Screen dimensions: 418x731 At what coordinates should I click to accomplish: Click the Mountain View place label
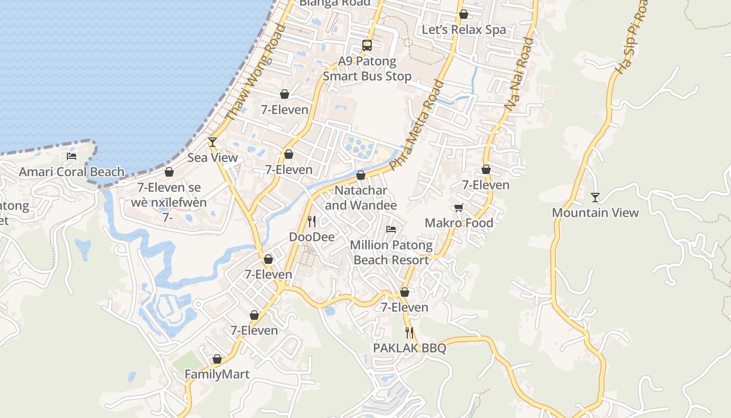coord(595,213)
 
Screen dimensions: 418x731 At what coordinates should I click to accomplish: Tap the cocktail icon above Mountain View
coord(595,197)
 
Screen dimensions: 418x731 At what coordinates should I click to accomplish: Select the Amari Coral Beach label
coord(72,172)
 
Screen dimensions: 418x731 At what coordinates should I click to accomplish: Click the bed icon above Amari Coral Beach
coord(72,156)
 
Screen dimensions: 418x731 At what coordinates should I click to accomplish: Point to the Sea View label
coord(213,158)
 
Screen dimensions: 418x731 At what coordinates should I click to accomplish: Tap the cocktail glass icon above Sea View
coord(212,142)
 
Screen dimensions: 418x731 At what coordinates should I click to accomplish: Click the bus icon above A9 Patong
coord(367,45)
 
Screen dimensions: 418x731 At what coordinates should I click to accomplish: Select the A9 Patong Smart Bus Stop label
coord(367,69)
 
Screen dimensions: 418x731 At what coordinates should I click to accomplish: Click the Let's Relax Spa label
coord(464,30)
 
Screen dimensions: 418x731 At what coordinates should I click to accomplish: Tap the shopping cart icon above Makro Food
coord(459,208)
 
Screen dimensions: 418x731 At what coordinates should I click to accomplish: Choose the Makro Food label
coord(459,223)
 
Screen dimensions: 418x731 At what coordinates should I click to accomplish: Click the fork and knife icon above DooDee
coord(312,222)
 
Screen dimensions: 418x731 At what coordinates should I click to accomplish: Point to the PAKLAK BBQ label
coord(409,348)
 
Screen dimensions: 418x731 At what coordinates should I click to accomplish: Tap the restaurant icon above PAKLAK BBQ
coord(409,332)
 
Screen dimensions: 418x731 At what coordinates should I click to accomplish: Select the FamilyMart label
coord(217,375)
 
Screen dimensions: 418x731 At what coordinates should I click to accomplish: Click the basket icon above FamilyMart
coord(217,359)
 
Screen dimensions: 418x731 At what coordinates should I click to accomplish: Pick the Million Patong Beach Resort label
coord(391,252)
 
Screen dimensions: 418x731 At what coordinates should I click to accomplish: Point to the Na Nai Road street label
coord(519,74)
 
